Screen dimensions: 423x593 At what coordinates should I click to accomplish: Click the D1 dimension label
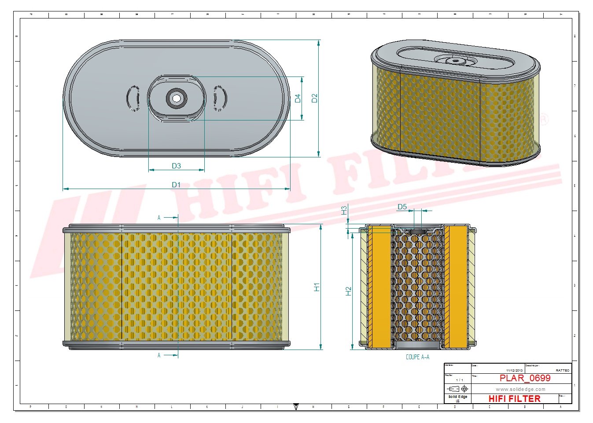click(x=176, y=185)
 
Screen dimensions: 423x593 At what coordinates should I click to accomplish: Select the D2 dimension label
click(x=314, y=98)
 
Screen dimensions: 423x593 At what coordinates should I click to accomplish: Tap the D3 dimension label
click(x=176, y=166)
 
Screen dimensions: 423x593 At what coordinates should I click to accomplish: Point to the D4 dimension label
click(x=298, y=98)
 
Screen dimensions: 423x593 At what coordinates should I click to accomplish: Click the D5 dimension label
click(x=402, y=207)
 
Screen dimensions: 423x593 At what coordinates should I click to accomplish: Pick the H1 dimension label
click(x=317, y=287)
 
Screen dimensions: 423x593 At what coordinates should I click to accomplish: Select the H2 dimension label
click(x=348, y=291)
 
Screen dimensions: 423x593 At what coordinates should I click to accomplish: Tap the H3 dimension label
click(x=344, y=210)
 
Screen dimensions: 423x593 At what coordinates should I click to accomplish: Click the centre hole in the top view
click(x=177, y=98)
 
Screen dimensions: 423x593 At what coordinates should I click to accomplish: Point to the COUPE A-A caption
click(x=417, y=357)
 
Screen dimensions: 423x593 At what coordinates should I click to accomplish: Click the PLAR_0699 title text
click(x=525, y=378)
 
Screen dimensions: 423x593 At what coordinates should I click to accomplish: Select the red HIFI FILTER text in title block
click(x=514, y=399)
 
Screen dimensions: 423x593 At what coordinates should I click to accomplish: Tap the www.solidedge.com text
click(x=520, y=389)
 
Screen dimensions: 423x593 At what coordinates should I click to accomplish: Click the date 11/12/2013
click(x=514, y=371)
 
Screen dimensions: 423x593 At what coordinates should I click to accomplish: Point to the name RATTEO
click(x=562, y=371)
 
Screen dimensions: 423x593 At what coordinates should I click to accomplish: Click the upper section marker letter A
click(x=159, y=218)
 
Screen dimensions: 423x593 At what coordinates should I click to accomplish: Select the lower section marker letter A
click(x=159, y=355)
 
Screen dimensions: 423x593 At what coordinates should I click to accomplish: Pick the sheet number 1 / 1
click(x=459, y=380)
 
